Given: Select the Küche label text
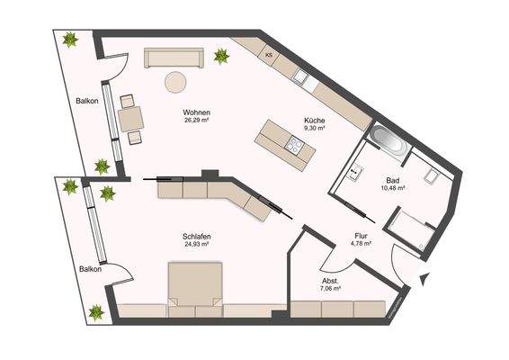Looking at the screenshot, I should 315,121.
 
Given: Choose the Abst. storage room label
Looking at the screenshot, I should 331,281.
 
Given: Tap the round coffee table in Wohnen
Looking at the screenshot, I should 174,83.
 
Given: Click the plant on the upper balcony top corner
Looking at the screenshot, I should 70,40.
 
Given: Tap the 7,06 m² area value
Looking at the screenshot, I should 331,290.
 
